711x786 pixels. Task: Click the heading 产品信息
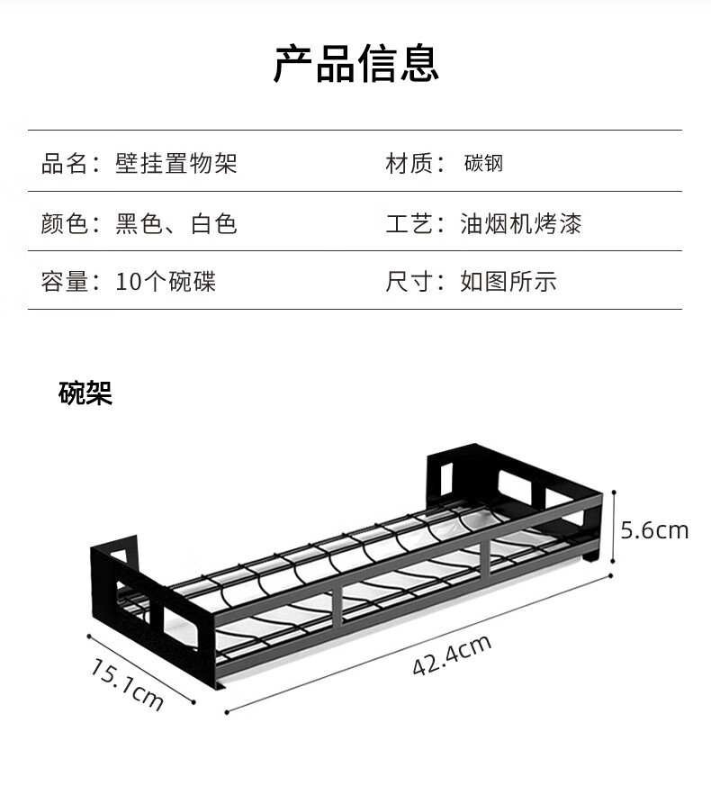(x=356, y=63)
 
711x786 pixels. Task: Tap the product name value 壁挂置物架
(x=175, y=164)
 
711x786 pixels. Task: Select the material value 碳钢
(x=483, y=164)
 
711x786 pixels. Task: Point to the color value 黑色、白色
(x=175, y=223)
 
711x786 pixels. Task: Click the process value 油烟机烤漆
(x=520, y=223)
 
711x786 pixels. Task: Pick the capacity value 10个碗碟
(x=166, y=281)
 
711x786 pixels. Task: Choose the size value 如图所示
(x=508, y=281)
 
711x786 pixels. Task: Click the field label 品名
(x=64, y=164)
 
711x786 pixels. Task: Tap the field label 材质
(x=409, y=164)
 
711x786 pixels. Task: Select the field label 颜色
(x=64, y=223)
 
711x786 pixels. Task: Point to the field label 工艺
(x=409, y=223)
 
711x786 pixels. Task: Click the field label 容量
(x=64, y=281)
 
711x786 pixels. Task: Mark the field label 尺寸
(x=409, y=281)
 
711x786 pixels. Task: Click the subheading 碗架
(x=85, y=393)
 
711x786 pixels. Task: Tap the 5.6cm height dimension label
(x=654, y=530)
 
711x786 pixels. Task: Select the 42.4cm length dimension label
(x=452, y=655)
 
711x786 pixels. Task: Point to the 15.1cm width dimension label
(x=127, y=685)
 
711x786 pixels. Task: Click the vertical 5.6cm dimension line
(x=614, y=528)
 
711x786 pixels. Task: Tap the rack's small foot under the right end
(x=590, y=555)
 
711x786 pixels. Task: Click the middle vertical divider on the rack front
(x=337, y=607)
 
